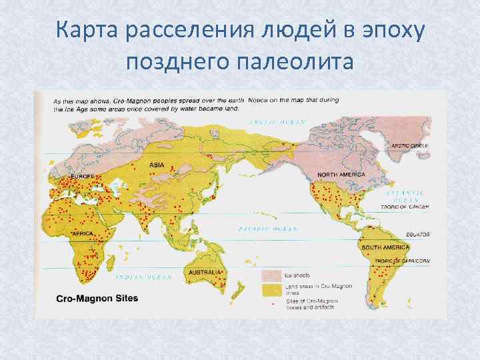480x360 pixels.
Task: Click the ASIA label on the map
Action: tap(157, 164)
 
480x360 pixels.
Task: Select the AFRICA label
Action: tap(83, 233)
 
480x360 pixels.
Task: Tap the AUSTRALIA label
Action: tap(205, 273)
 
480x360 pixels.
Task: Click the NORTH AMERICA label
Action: tap(341, 175)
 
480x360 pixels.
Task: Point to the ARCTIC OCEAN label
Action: tap(277, 122)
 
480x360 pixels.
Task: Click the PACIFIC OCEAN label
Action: tap(267, 228)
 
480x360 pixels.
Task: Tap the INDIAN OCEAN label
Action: tap(144, 277)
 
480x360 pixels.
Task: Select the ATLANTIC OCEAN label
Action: tap(405, 196)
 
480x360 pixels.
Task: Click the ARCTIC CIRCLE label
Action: tap(411, 145)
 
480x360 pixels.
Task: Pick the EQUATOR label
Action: tap(417, 235)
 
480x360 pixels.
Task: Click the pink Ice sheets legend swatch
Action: tap(271, 275)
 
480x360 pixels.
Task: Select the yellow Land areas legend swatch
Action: tap(271, 289)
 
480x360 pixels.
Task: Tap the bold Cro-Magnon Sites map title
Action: tap(97, 299)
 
